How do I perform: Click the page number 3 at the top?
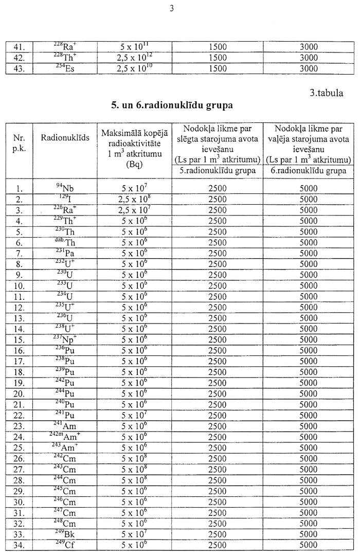click(179, 6)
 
